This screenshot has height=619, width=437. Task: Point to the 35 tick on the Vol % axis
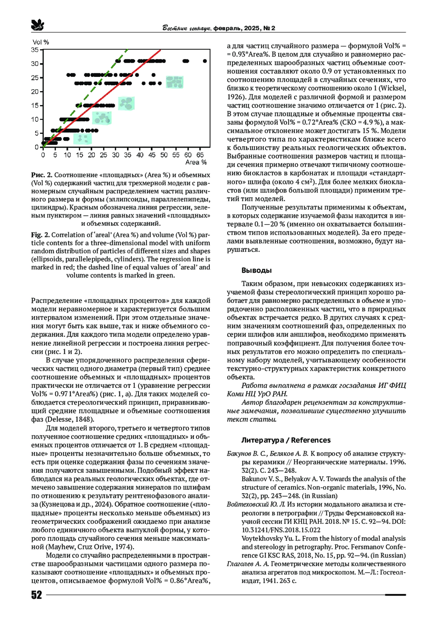click(35, 50)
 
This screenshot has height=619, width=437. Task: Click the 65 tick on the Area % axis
click(200, 155)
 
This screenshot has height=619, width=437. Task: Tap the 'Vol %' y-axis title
click(41, 42)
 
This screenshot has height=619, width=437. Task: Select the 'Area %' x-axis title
click(196, 162)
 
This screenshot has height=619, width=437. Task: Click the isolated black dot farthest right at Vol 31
click(205, 61)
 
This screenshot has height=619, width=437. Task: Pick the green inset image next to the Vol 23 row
click(174, 82)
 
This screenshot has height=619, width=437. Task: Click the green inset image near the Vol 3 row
click(83, 139)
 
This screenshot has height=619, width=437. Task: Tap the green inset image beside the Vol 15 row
click(126, 104)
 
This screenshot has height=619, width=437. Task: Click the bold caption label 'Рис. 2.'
click(42, 175)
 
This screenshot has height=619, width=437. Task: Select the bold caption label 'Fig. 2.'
click(40, 235)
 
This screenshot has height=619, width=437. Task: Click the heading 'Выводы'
click(256, 270)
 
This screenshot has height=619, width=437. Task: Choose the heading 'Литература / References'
click(286, 440)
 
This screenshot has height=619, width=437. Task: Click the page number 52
click(36, 595)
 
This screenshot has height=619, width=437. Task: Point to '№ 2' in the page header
click(269, 28)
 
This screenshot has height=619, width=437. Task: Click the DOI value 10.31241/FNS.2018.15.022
click(281, 530)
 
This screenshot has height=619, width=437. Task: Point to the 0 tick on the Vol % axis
click(37, 147)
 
